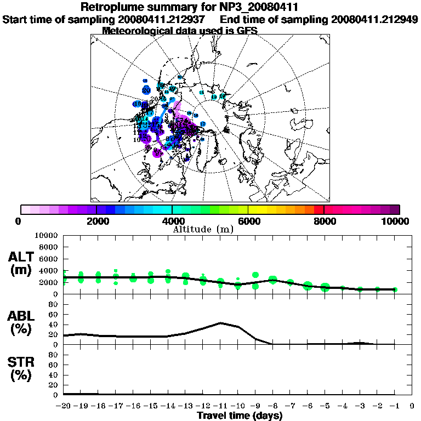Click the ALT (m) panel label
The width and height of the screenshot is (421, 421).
[21, 263]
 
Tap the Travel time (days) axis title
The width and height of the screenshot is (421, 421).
[240, 416]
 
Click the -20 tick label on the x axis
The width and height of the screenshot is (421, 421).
[64, 406]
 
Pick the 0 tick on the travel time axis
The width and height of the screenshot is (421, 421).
[412, 406]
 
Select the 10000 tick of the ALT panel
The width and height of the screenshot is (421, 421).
[46, 235]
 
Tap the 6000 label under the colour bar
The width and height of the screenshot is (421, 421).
[248, 221]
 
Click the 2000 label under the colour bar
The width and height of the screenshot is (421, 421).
[96, 221]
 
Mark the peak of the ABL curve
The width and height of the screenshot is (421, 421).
[220, 323]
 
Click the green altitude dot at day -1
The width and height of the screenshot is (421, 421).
[395, 289]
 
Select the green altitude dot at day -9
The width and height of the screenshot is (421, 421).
[255, 275]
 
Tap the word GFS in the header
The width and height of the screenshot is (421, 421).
[246, 31]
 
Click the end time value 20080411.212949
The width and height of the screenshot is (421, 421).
[373, 20]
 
